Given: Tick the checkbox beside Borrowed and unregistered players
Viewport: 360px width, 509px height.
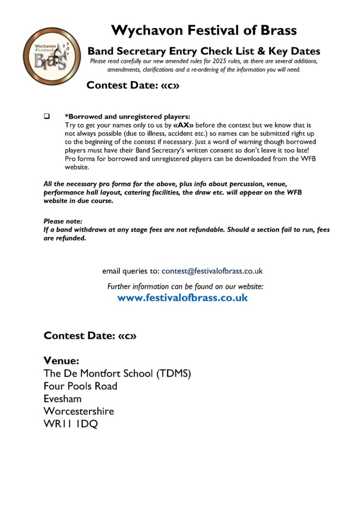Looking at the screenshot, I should point(47,116).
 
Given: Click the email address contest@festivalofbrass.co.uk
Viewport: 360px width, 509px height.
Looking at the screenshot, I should point(212,271).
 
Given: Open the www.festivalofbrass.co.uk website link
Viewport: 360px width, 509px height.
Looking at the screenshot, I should point(182,298).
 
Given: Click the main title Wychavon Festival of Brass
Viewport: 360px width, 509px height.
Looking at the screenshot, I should point(204,30).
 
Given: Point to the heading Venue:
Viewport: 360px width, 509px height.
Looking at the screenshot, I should point(61,360).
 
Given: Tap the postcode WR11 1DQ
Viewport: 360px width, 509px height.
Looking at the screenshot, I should point(70,424).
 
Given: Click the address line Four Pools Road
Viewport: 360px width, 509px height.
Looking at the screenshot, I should point(80,386).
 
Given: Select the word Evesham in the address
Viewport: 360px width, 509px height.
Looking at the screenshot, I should point(62,399).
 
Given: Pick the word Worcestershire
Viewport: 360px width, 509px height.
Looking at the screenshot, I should point(79,411).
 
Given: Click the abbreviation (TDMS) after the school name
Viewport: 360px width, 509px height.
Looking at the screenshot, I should point(167,373).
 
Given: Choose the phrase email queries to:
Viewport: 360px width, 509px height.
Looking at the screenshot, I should point(131,271).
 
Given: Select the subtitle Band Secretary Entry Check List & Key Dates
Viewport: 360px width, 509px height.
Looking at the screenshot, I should point(204,51).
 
